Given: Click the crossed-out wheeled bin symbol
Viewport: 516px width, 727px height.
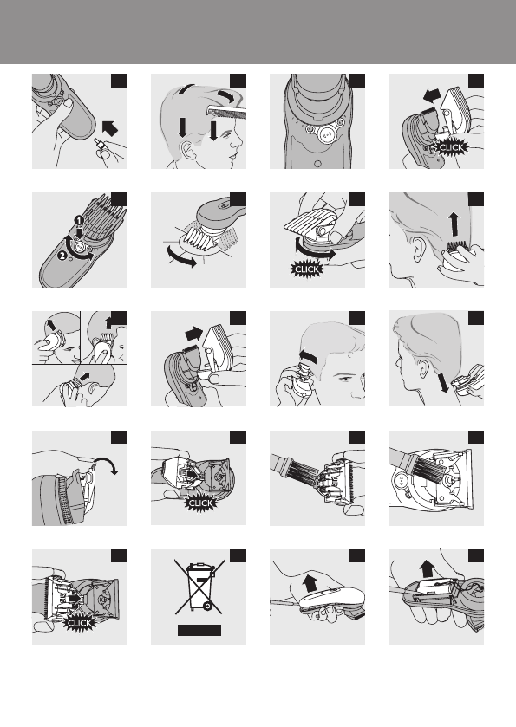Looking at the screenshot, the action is [x=199, y=587].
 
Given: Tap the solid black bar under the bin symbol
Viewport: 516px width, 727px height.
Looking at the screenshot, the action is [x=199, y=630].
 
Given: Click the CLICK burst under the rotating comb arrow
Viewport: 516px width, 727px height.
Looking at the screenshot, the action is [x=307, y=269].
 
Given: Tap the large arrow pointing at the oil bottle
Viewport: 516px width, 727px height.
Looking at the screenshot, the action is [x=109, y=127].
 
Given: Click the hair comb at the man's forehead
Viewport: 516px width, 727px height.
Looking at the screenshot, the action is [x=227, y=110].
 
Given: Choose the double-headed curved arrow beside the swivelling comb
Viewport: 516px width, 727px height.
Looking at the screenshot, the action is [x=182, y=256].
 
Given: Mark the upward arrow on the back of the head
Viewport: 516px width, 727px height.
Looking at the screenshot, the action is [x=454, y=226].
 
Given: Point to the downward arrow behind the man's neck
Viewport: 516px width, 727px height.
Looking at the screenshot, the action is [x=442, y=383].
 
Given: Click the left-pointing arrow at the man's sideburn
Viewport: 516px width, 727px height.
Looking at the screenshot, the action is [x=310, y=357].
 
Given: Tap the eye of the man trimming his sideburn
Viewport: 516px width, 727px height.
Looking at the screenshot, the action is [x=346, y=380].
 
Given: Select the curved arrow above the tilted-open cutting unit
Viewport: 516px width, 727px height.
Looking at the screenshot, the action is [x=107, y=464].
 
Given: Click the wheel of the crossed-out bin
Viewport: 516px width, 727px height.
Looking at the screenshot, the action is [x=207, y=606].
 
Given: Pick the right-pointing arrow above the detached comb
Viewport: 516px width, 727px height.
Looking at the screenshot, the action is [x=194, y=334].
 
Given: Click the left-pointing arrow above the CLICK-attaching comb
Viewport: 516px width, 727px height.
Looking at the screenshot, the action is [x=432, y=96].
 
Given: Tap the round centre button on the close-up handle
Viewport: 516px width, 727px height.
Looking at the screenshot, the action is [x=327, y=133].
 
